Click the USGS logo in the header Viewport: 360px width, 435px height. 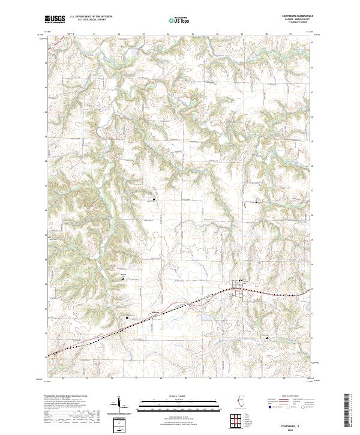(55, 20)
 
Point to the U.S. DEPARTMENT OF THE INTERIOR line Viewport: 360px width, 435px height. (91, 17)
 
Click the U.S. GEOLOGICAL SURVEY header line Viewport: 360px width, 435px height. (91, 20)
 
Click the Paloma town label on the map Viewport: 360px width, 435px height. (155, 313)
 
